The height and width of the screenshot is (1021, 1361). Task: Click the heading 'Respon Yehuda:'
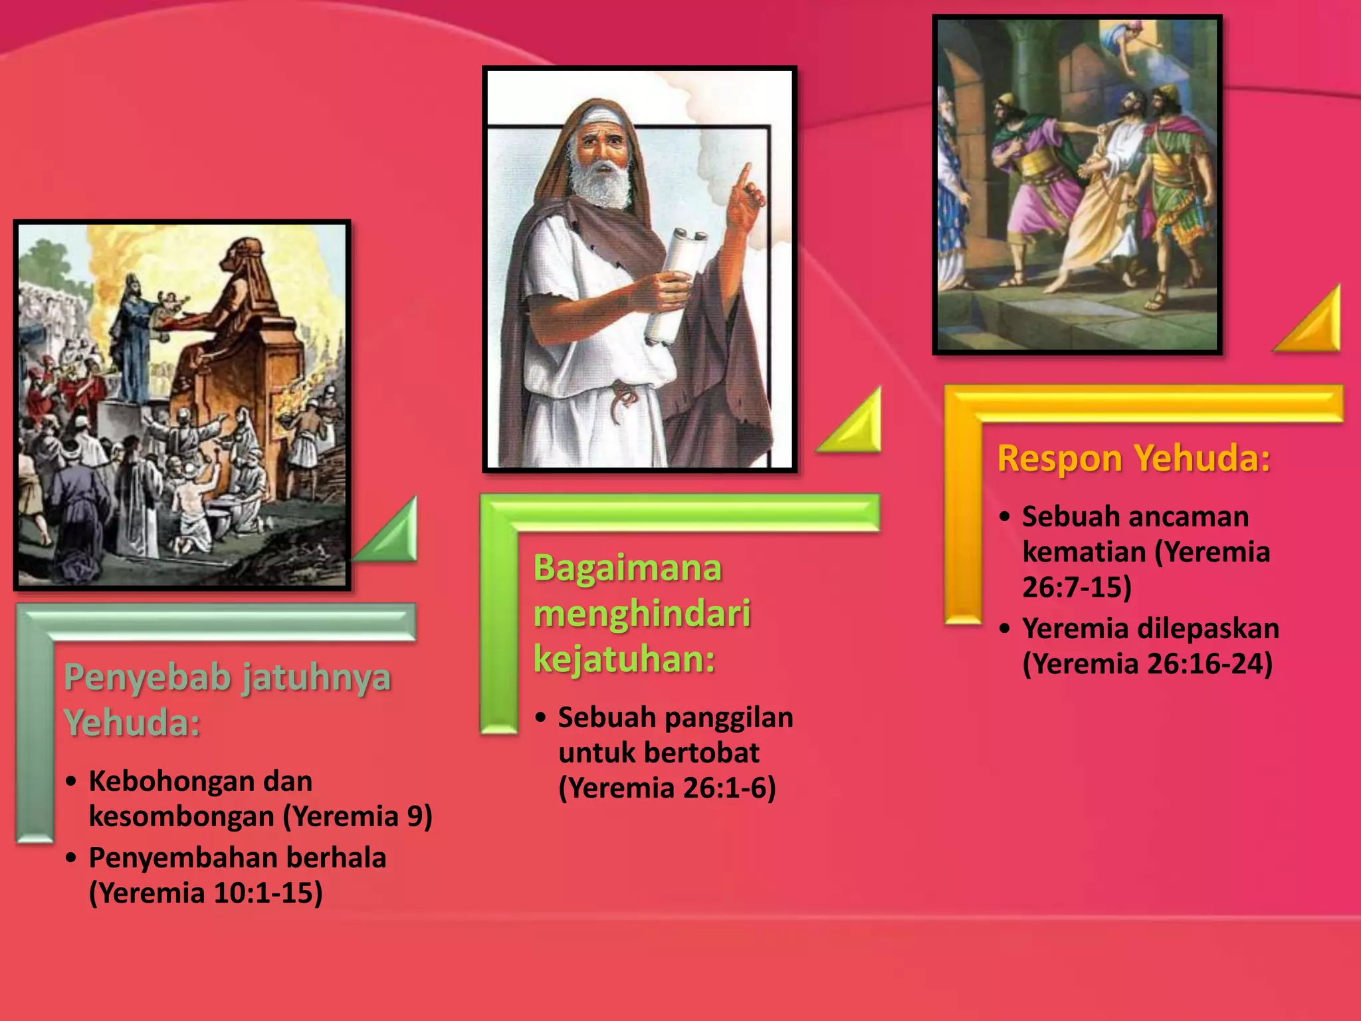[1134, 459]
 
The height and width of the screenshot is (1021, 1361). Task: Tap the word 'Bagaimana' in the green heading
[627, 569]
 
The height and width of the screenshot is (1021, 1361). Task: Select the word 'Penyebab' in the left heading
[147, 679]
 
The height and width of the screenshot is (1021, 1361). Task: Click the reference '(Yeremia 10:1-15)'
[206, 893]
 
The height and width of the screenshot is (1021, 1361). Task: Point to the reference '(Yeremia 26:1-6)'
[667, 788]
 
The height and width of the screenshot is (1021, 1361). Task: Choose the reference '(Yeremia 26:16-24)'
[1147, 664]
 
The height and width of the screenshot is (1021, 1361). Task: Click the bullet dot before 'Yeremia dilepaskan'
[1005, 628]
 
